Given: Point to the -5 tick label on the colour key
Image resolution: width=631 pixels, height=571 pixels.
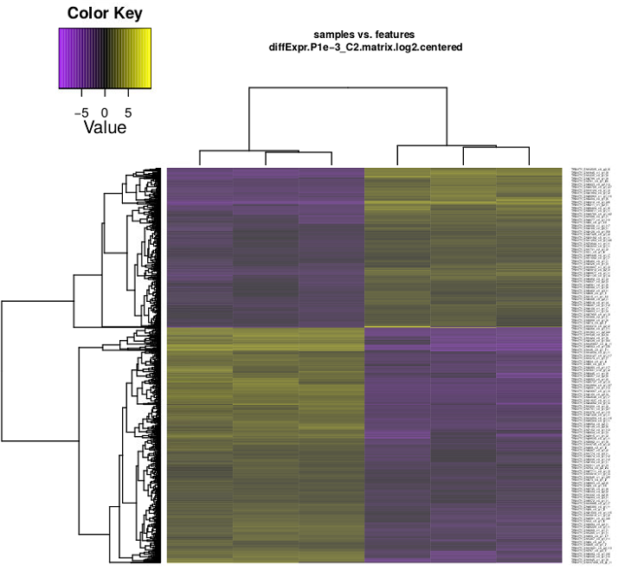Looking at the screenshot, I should pyautogui.click(x=82, y=112).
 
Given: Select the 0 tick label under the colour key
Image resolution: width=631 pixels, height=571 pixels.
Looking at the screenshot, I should pyautogui.click(x=105, y=112).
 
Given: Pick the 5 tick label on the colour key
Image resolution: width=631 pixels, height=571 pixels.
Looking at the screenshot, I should pyautogui.click(x=128, y=112).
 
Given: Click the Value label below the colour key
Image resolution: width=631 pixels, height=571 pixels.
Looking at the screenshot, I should pyautogui.click(x=105, y=128).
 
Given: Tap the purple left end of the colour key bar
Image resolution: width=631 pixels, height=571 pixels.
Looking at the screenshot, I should pyautogui.click(x=62, y=59).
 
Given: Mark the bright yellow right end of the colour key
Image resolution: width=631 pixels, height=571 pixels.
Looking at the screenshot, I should pyautogui.click(x=148, y=59).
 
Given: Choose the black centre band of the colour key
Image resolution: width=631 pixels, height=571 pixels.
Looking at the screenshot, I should pyautogui.click(x=105, y=59).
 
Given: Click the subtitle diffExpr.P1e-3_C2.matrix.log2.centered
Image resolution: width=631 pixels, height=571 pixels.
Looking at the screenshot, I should pyautogui.click(x=365, y=47).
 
